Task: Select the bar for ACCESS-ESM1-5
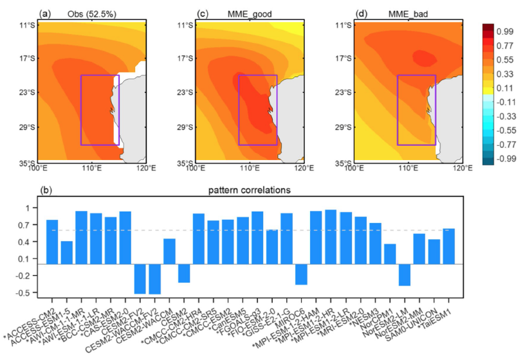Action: pyautogui.click(x=66, y=253)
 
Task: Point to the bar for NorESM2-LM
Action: pyautogui.click(x=404, y=274)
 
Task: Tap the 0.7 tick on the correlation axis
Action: pyautogui.click(x=29, y=225)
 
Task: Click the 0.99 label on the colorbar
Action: pyautogui.click(x=504, y=31)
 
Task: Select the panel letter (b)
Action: pyautogui.click(x=45, y=191)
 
